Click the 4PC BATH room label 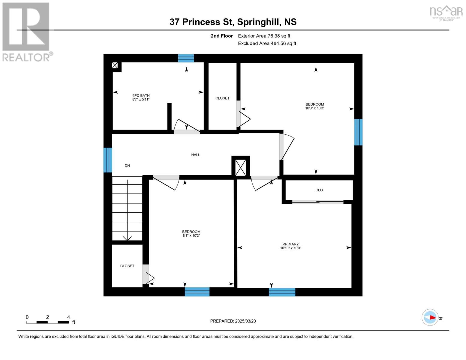(141, 95)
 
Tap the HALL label (195, 155)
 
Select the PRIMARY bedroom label (290, 244)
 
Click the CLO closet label (319, 190)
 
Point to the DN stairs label (127, 166)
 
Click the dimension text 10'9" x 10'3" (315, 108)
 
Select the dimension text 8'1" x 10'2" (191, 236)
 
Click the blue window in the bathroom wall (186, 58)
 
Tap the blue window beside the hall (108, 160)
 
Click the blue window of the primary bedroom (282, 292)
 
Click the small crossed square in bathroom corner (115, 65)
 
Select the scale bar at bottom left (47, 322)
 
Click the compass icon (430, 317)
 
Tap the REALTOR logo (26, 31)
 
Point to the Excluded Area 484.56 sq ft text (267, 43)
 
